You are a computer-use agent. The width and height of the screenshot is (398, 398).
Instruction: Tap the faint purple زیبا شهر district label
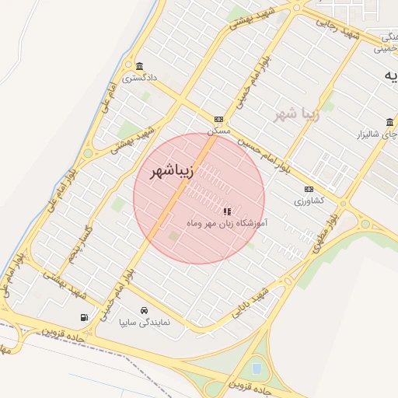(297, 115)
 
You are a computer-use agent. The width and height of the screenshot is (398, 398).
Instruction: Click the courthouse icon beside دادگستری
(139, 65)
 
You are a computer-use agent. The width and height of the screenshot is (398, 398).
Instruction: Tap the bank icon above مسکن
(218, 120)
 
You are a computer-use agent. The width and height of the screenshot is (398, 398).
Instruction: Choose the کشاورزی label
(309, 201)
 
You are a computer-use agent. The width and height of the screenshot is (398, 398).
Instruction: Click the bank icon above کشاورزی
(309, 189)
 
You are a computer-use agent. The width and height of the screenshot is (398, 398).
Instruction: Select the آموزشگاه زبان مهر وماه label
(227, 222)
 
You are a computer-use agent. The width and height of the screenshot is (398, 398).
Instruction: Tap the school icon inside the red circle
(226, 211)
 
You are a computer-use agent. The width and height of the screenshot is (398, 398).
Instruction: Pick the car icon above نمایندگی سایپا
(144, 310)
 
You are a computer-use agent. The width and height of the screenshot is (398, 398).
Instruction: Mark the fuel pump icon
(84, 317)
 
